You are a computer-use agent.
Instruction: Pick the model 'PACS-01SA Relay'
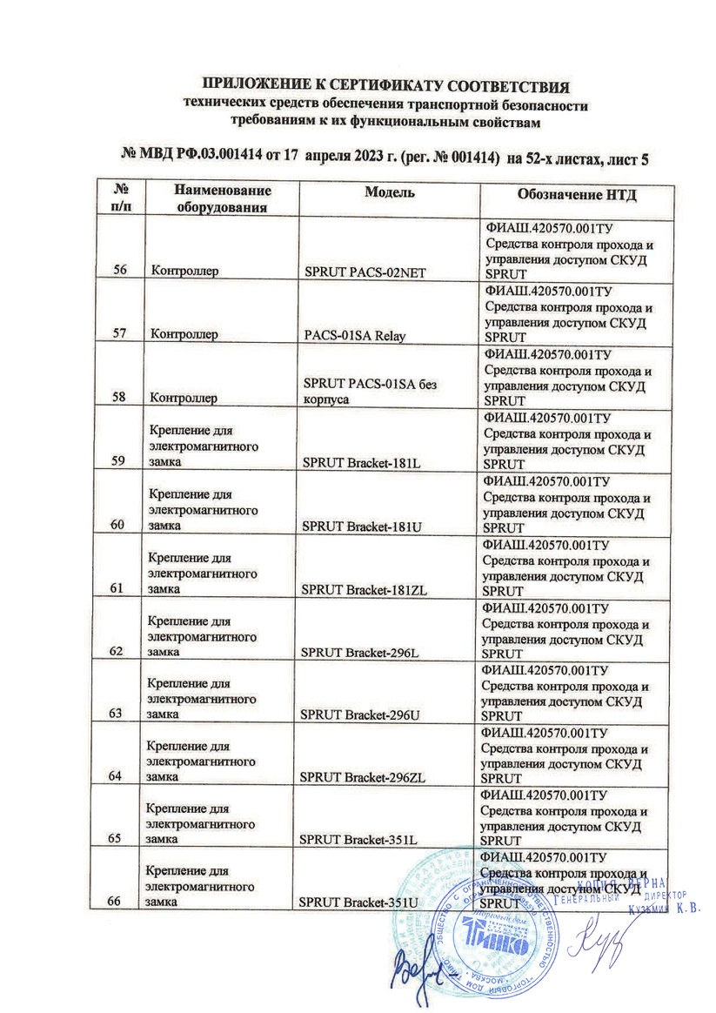(x=349, y=333)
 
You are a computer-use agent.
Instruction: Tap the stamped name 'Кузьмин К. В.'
(x=665, y=909)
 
